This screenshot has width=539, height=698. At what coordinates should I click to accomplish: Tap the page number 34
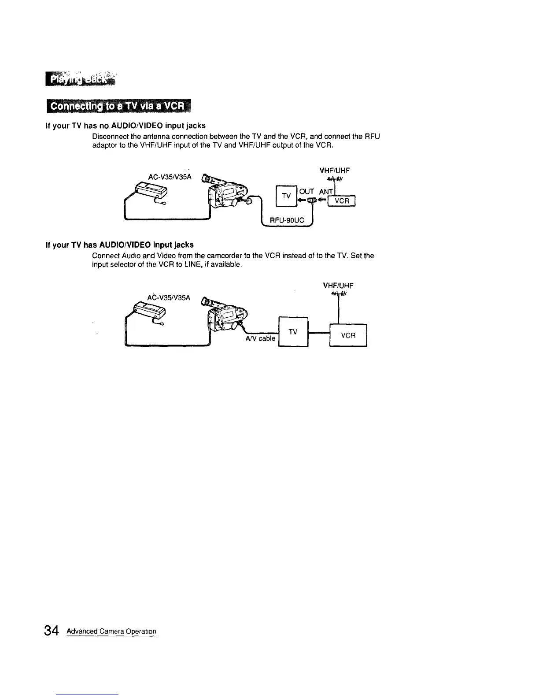point(51,631)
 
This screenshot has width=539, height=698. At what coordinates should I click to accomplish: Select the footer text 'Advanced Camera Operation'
point(111,631)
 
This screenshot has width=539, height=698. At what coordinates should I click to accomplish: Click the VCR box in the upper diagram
point(342,201)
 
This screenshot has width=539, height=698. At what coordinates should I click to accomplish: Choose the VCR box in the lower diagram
point(348,335)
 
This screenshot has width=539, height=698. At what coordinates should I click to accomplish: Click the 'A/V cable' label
point(260,338)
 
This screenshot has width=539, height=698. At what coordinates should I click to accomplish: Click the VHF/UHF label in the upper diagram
point(336,171)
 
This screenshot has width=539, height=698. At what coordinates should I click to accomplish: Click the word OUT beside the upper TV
point(306,191)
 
